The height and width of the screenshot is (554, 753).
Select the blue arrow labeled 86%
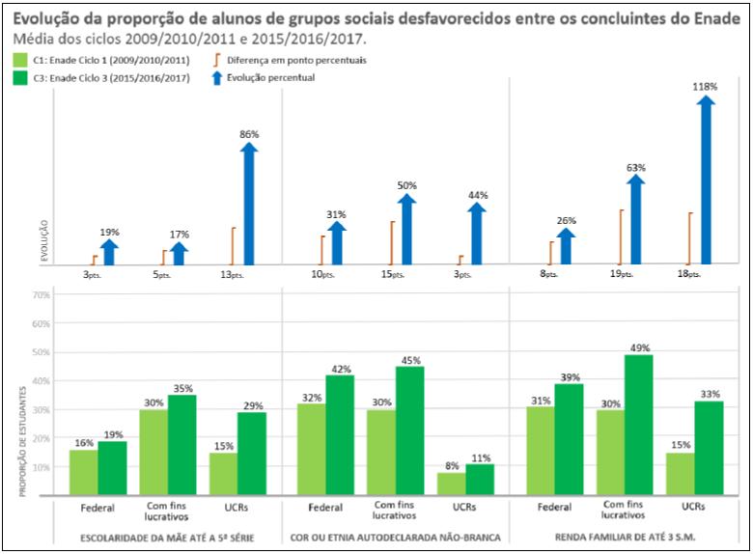point(249,204)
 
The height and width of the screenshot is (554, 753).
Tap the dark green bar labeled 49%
point(638,425)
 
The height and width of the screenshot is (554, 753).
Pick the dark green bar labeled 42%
point(339,434)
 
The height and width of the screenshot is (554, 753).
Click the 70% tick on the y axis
point(41,295)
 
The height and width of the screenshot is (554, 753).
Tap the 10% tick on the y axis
point(41,467)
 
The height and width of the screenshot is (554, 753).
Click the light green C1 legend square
point(19,60)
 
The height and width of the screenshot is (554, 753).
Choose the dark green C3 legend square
point(19,77)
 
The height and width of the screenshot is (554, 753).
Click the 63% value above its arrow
point(635,168)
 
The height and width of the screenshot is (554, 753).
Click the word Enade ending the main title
point(715,19)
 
